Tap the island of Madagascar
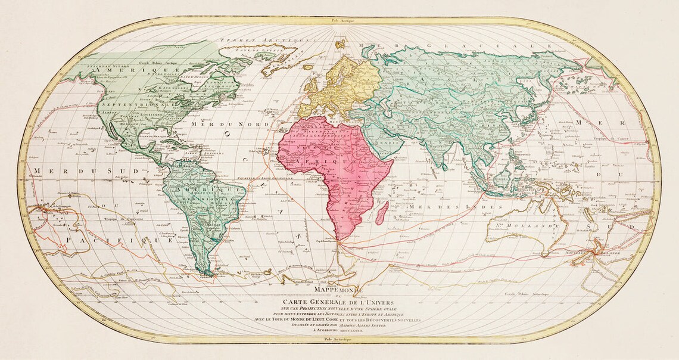tap(383, 210)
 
